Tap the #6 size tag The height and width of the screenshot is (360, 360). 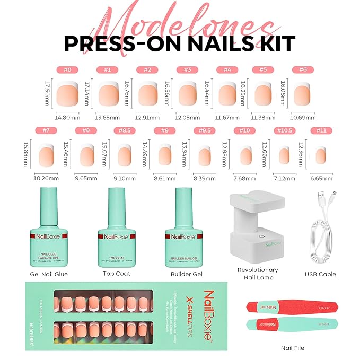click(304, 69)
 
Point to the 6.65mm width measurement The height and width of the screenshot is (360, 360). click(323, 178)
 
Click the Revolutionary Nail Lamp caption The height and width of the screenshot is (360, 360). click(258, 274)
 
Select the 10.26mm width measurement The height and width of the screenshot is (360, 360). click(47, 178)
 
